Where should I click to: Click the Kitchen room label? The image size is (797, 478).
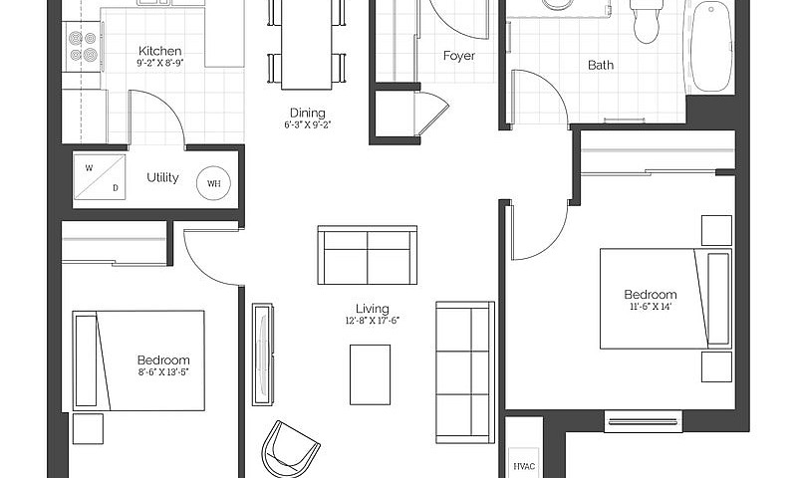(x=160, y=51)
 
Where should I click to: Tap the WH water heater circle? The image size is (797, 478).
(x=213, y=183)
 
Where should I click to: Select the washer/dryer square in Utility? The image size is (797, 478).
(x=99, y=177)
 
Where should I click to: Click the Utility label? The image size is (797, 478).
(x=162, y=177)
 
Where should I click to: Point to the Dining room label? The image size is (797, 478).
(x=308, y=113)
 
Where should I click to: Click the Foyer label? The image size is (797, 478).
(x=459, y=56)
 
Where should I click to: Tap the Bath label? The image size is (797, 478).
(x=601, y=65)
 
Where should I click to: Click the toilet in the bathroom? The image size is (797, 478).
(x=647, y=20)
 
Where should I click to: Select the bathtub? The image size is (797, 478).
(x=710, y=47)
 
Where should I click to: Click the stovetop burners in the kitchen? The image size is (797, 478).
(x=83, y=46)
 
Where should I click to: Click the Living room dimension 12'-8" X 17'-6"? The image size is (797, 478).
(x=372, y=321)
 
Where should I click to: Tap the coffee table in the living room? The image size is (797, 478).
(x=370, y=374)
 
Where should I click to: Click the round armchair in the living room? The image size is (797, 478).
(x=290, y=449)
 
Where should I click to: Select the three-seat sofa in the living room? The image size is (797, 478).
(x=465, y=371)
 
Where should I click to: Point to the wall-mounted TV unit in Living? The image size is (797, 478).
(x=263, y=355)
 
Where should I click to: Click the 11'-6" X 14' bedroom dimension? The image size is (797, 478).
(x=651, y=307)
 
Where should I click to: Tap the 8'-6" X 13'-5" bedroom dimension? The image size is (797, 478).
(x=163, y=371)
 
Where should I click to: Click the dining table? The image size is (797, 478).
(x=307, y=45)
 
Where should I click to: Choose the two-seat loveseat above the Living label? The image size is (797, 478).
(x=368, y=255)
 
